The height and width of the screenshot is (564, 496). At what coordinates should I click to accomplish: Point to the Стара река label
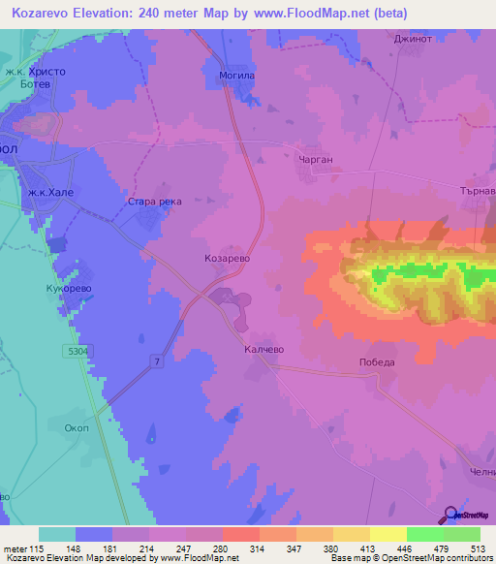[155, 202]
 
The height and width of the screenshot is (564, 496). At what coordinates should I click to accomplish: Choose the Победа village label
[375, 361]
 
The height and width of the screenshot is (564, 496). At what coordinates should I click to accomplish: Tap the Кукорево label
[69, 290]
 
